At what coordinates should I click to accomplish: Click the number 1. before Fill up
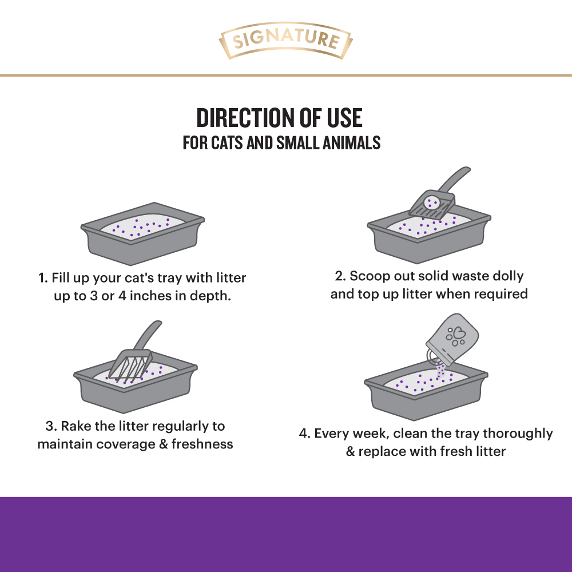coord(43,279)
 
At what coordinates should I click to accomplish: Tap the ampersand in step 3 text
coord(163,444)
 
